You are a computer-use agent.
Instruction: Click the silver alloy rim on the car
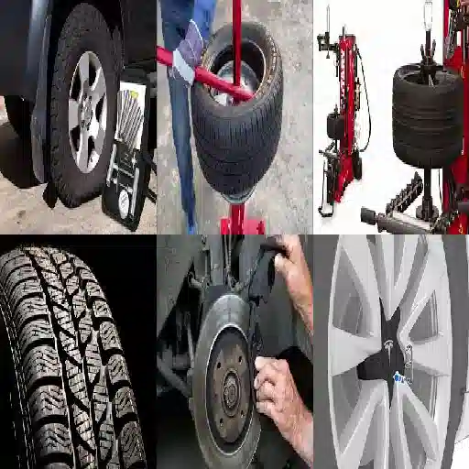[88, 112]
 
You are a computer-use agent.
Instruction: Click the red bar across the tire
[206, 73]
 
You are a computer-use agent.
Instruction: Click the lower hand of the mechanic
[278, 394]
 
